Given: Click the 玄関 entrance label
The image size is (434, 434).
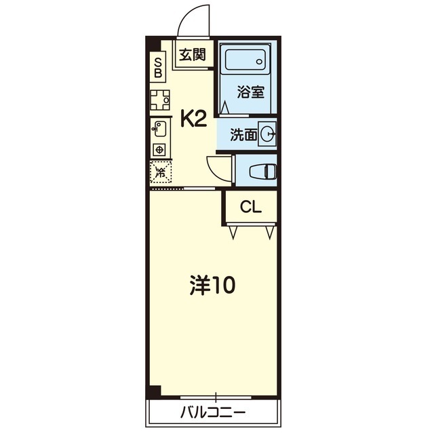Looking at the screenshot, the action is coord(193,54).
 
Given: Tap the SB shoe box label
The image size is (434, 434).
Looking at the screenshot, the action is coord(158,67).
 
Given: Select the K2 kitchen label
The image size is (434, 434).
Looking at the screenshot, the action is coord(194,118).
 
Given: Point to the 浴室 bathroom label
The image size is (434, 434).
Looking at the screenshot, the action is coord(250,92).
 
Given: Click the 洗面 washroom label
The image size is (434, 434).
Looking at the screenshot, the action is coord(243,135).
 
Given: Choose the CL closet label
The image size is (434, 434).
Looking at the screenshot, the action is coord(251,206).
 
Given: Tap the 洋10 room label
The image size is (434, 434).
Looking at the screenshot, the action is coord(212,285).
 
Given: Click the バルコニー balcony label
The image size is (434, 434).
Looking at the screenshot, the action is coord(213,413).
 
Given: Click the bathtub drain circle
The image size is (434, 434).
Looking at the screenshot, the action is coord(259,62).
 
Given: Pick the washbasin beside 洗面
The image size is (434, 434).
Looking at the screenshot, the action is coord(267,134).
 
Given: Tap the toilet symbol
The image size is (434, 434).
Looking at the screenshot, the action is coord(263,172).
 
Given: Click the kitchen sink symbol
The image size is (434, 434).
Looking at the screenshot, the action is coord(160,129).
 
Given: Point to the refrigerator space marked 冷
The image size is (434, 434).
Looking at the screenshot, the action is coord(161,172).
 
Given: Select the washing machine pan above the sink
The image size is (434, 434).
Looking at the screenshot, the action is coord(160,100).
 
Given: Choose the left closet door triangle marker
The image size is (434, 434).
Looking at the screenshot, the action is coord(233,233).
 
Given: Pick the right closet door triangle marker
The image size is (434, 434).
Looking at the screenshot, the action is coord(270,233).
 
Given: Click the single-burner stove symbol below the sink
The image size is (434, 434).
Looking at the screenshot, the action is coord(159,151).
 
